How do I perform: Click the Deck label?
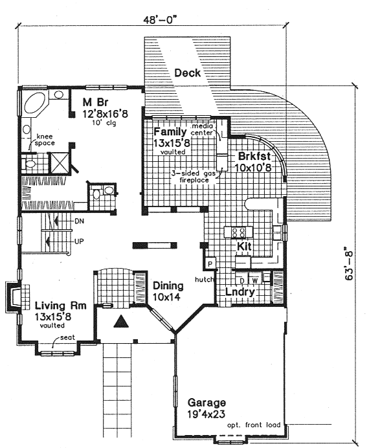click(187, 73)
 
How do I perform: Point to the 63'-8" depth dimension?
click(349, 266)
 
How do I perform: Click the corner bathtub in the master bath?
click(34, 105)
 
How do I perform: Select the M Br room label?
click(95, 102)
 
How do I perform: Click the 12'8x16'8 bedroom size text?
click(105, 115)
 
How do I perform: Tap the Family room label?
click(170, 132)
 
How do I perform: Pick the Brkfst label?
click(254, 156)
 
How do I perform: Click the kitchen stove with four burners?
click(238, 232)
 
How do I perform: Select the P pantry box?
click(210, 263)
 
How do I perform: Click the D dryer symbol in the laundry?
click(242, 280)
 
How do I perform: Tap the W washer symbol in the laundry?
click(255, 280)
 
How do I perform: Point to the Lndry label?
click(240, 292)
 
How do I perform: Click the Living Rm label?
click(61, 306)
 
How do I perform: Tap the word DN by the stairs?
click(79, 221)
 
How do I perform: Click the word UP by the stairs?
click(79, 241)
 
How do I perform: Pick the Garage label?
click(207, 403)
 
